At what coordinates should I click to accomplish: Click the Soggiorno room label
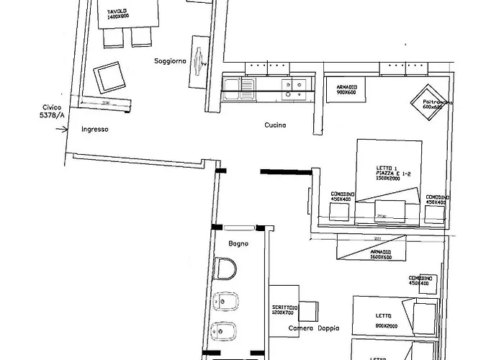(170, 61)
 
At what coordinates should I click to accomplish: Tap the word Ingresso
(95, 130)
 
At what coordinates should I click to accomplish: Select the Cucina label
(275, 125)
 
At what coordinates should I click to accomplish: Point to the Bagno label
(238, 243)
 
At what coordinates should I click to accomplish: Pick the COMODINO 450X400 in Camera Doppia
(419, 280)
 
